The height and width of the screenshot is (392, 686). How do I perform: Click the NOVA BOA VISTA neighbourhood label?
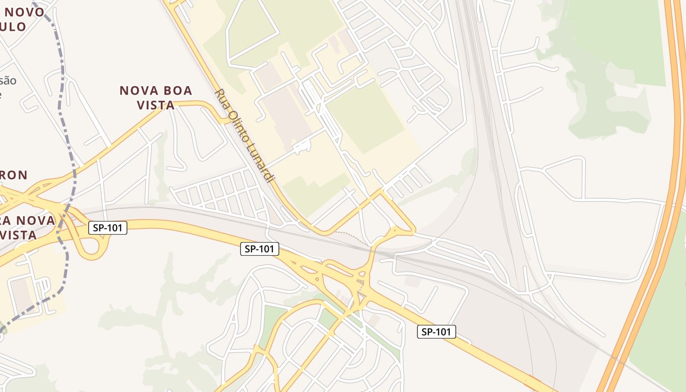[x=156, y=98]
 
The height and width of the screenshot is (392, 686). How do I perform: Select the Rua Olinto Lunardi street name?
[x=244, y=135]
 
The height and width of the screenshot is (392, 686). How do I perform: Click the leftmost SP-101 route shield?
[x=108, y=227]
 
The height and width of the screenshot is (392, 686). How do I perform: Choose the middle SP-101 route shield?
[x=260, y=249]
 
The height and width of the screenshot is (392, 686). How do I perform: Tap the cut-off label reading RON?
[x=14, y=175]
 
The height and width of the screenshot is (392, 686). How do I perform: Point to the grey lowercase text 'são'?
[x=8, y=80]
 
